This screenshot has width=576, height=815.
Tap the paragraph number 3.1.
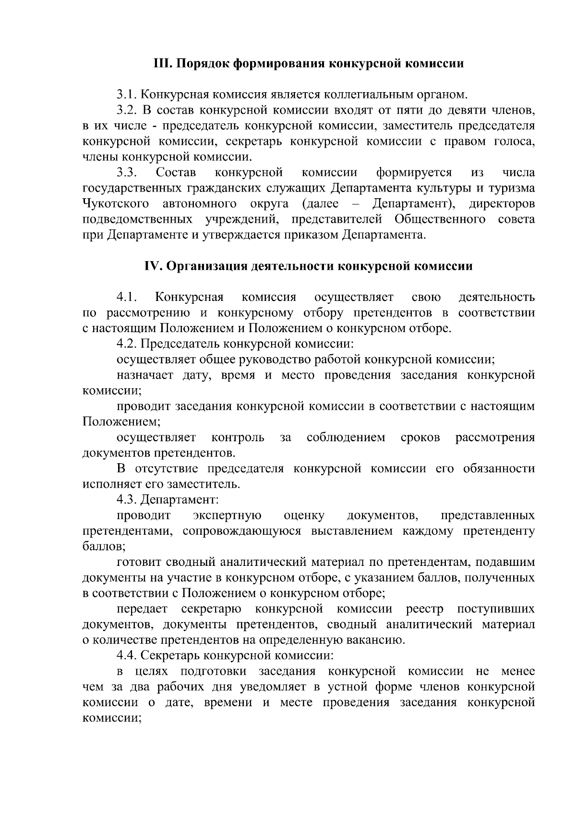click(127, 95)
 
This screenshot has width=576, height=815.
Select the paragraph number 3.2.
click(127, 110)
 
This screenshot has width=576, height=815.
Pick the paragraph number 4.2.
click(127, 344)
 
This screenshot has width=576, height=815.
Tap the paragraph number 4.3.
click(127, 500)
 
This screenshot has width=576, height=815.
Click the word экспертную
click(227, 516)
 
